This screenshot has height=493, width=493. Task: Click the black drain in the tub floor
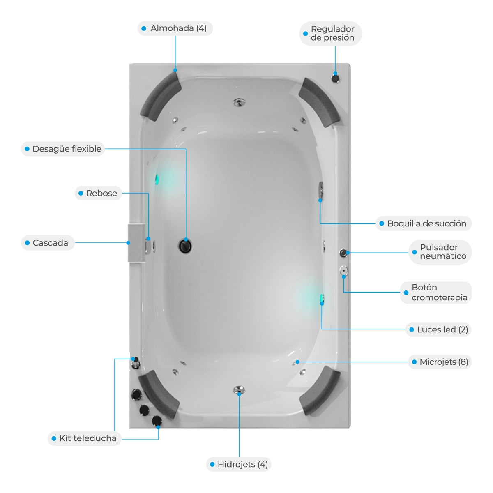coord(185,246)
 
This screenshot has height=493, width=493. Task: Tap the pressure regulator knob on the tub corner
coord(335,78)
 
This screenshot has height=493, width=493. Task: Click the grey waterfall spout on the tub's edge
coord(137,243)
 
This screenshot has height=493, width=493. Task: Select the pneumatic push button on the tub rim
coord(343,253)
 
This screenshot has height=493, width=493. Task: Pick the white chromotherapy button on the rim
coord(343,270)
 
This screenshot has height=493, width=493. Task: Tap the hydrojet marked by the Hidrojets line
coord(239,389)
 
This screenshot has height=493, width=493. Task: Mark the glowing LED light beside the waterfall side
coord(157,179)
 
